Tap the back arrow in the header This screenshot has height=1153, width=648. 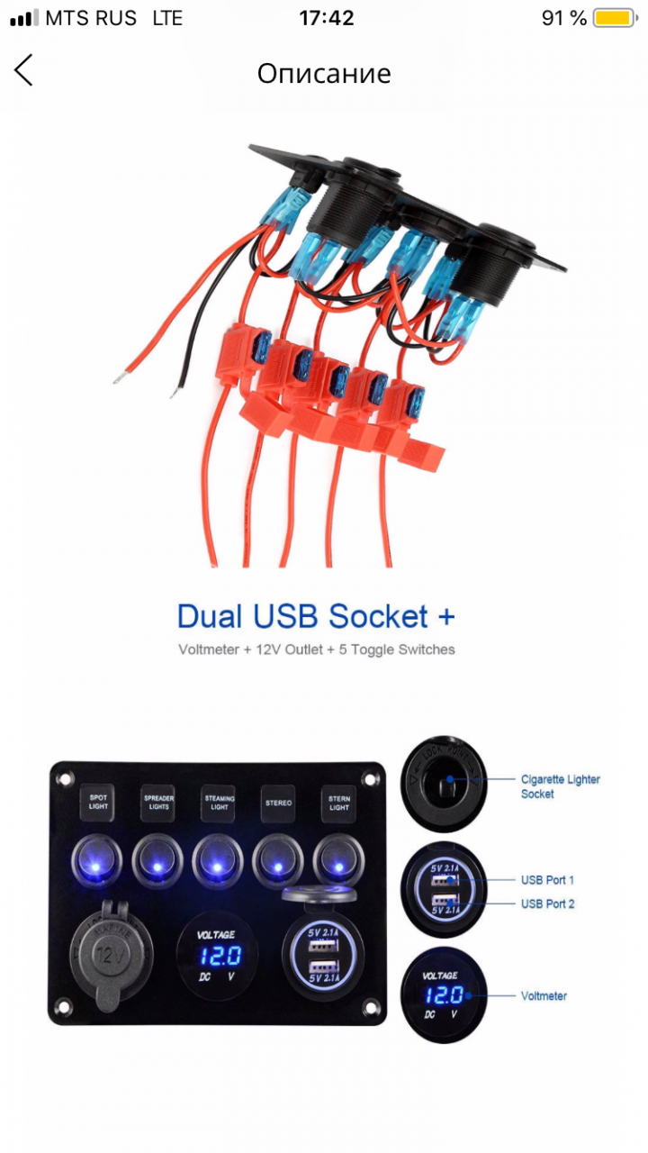click(24, 70)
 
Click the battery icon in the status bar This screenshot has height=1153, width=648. click(616, 18)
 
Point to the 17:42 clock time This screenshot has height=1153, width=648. click(326, 18)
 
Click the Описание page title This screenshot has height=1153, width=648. click(324, 73)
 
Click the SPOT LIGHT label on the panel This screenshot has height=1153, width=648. click(98, 802)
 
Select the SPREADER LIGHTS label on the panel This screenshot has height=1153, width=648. click(158, 802)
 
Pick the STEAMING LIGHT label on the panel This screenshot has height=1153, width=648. click(219, 802)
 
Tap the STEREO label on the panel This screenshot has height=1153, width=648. click(278, 802)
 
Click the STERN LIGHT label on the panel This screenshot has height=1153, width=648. click(338, 802)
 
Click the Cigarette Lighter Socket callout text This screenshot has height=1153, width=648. click(560, 786)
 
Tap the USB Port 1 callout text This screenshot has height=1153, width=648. click(547, 880)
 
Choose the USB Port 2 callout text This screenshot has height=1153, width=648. click(547, 903)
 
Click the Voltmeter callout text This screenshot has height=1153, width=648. click(544, 996)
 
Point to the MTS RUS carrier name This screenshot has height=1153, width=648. click(91, 18)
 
